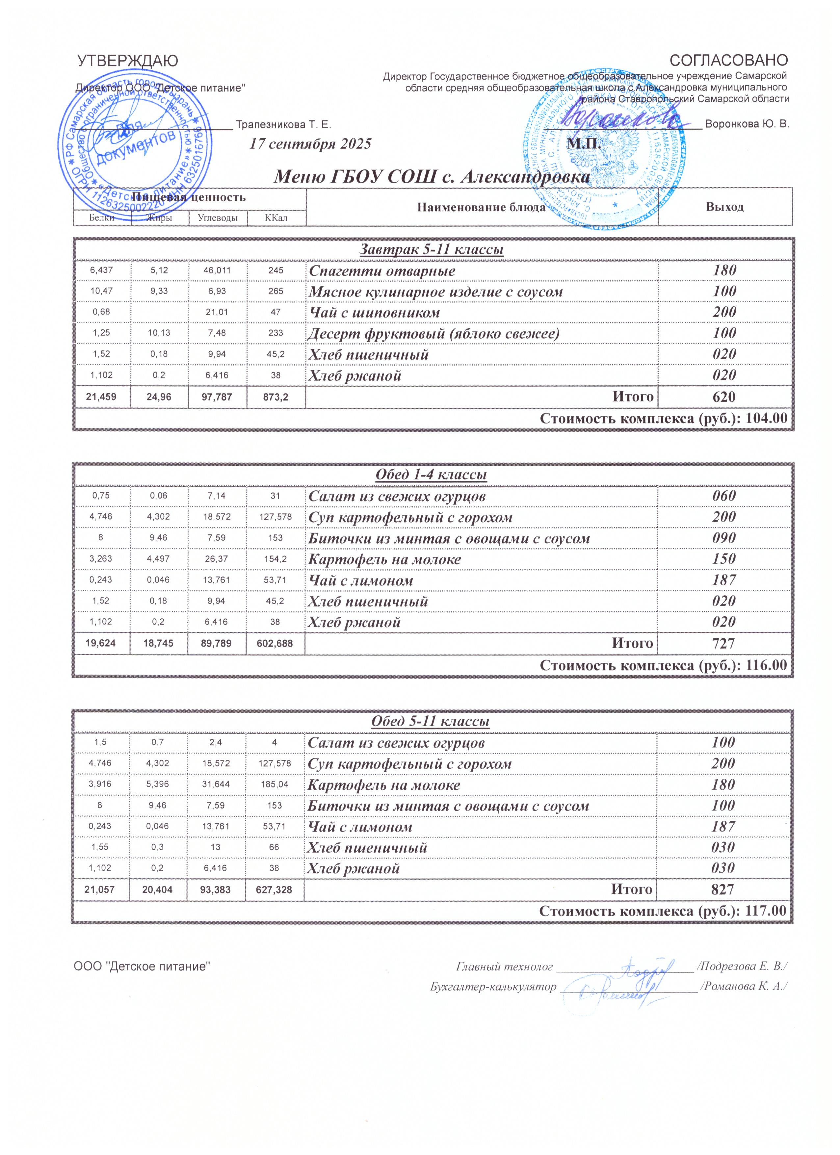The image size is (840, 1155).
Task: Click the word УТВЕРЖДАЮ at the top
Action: point(127,61)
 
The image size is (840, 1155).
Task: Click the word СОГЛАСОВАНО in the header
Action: point(728,61)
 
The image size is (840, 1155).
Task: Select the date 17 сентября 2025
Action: point(310,143)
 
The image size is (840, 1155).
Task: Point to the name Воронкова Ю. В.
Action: point(747,124)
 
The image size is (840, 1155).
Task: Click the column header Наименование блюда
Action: point(481,207)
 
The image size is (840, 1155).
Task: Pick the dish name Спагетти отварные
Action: point(382,271)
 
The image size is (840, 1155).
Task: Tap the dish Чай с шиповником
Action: point(374,313)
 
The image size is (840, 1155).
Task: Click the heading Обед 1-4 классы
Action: point(431,475)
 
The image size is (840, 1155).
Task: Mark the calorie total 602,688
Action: point(275,644)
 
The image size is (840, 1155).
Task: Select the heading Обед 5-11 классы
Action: point(431,722)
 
